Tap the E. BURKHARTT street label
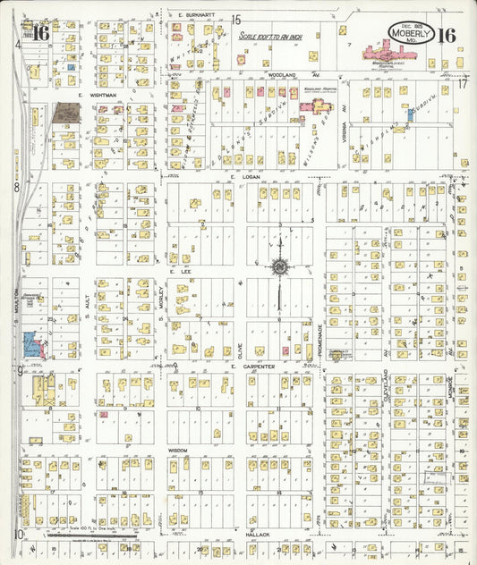[x=193, y=16]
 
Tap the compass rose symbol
[x=280, y=266]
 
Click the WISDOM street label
[x=179, y=450]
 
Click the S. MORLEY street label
[x=161, y=296]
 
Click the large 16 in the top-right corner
[x=447, y=36]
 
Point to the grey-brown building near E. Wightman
[x=65, y=113]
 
